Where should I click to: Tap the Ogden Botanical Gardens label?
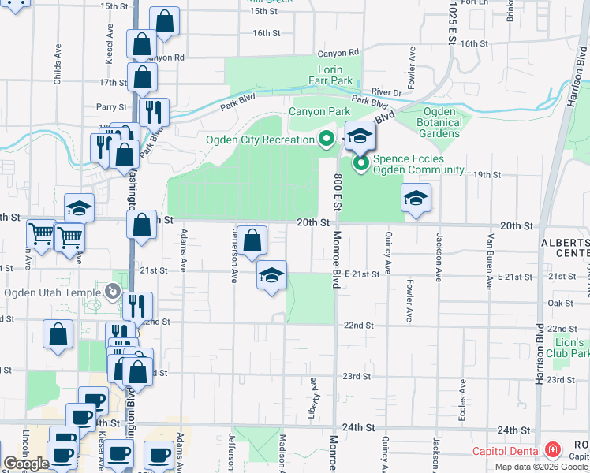(439, 122)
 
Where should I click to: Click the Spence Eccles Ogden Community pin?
(361, 164)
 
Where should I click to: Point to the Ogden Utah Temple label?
(53, 293)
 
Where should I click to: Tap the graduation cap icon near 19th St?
(416, 198)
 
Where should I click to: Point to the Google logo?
(26, 464)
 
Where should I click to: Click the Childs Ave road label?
(58, 64)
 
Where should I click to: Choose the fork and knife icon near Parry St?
(155, 111)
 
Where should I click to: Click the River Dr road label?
(387, 93)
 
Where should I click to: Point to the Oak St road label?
(559, 303)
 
